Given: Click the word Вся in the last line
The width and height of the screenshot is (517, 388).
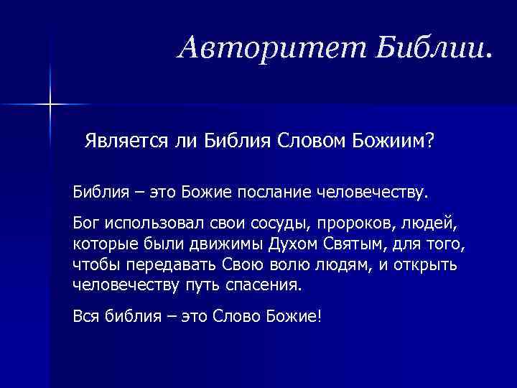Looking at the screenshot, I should pyautogui.click(x=85, y=317).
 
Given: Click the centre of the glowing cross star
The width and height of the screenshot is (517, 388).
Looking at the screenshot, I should pyautogui.click(x=51, y=105).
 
